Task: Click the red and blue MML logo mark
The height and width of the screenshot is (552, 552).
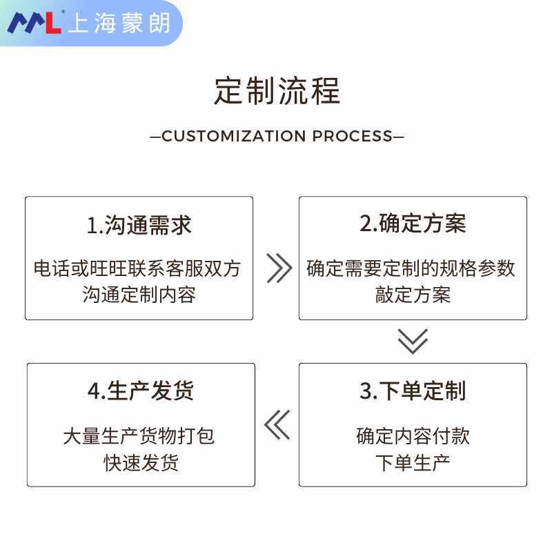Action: (34, 22)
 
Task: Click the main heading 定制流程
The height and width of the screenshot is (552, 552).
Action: (277, 91)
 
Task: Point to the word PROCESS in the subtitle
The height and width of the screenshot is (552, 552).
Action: (352, 136)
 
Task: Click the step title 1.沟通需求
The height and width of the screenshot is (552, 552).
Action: (139, 225)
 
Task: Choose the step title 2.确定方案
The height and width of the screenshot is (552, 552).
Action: (413, 224)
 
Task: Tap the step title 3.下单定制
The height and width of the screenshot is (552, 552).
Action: (413, 391)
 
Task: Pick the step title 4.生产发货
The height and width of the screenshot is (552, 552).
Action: (141, 391)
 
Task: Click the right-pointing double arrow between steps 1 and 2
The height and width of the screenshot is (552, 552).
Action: (278, 268)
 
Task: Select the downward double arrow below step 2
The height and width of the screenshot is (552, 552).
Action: (413, 342)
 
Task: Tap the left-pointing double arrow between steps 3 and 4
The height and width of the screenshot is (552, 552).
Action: (277, 425)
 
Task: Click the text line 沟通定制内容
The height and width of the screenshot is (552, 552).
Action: (139, 295)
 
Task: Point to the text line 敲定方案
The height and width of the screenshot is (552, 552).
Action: (413, 295)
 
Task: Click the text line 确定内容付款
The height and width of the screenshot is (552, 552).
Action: (413, 436)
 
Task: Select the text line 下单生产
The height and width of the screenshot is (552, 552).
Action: (413, 462)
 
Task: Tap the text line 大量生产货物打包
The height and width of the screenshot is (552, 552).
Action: (139, 436)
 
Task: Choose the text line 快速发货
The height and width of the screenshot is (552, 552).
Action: (141, 462)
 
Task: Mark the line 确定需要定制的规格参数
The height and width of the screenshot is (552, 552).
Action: (411, 268)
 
